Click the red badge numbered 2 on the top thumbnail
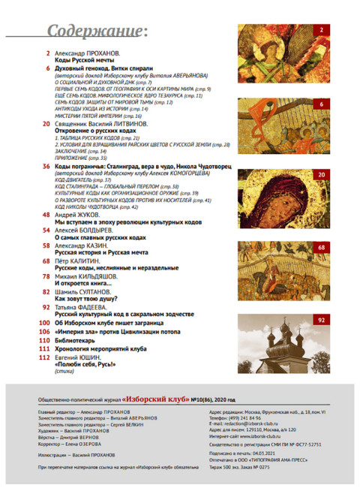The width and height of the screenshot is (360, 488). [320, 30]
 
